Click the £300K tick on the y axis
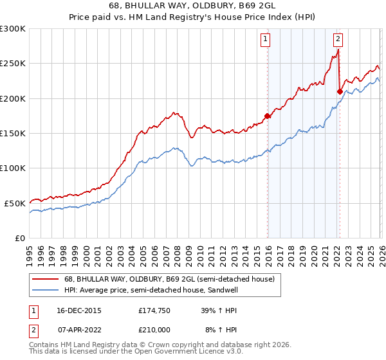[13, 29]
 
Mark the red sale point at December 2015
[268, 116]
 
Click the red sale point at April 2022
[339, 92]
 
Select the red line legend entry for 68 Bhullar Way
[169, 279]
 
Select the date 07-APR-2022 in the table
[79, 329]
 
